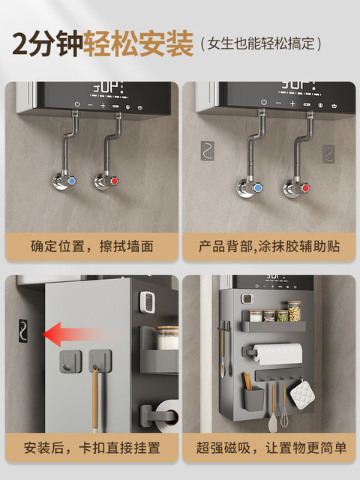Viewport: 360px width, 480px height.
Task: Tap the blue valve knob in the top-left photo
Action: [x=72, y=181]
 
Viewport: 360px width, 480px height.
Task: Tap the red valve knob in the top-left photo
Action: [x=114, y=181]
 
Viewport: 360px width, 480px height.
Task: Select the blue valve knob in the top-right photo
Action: [x=258, y=187]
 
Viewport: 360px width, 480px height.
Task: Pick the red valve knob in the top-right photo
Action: [x=305, y=188]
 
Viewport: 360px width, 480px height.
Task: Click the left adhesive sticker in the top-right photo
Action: [x=207, y=151]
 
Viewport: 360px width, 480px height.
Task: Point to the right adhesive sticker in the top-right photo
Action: [x=328, y=154]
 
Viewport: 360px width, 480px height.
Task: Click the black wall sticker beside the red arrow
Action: [x=23, y=331]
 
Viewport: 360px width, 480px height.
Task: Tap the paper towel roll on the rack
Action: [x=277, y=354]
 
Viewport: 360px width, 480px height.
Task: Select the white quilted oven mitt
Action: [x=302, y=394]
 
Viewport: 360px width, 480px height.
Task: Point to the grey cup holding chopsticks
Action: [x=253, y=398]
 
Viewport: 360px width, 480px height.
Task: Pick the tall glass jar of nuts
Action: [x=295, y=311]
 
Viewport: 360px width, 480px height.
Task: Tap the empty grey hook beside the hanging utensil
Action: [x=70, y=361]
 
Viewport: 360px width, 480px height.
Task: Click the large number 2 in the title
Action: [x=21, y=43]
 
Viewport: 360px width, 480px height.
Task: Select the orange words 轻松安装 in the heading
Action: [x=138, y=43]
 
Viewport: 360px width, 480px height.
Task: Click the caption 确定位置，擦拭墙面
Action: [x=91, y=247]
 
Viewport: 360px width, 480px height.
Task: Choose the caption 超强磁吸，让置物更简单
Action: [x=271, y=448]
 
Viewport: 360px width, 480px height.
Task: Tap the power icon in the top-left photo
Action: [x=77, y=104]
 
